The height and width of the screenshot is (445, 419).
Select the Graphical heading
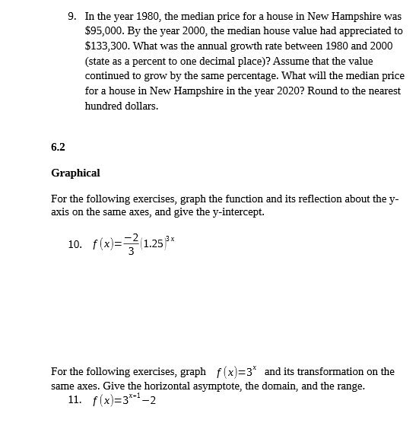[75, 173]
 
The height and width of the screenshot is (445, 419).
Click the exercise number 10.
[75, 244]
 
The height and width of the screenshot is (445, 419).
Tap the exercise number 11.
[75, 400]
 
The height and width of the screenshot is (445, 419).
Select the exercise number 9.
[72, 17]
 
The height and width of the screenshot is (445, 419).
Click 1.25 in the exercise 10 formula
[153, 245]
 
